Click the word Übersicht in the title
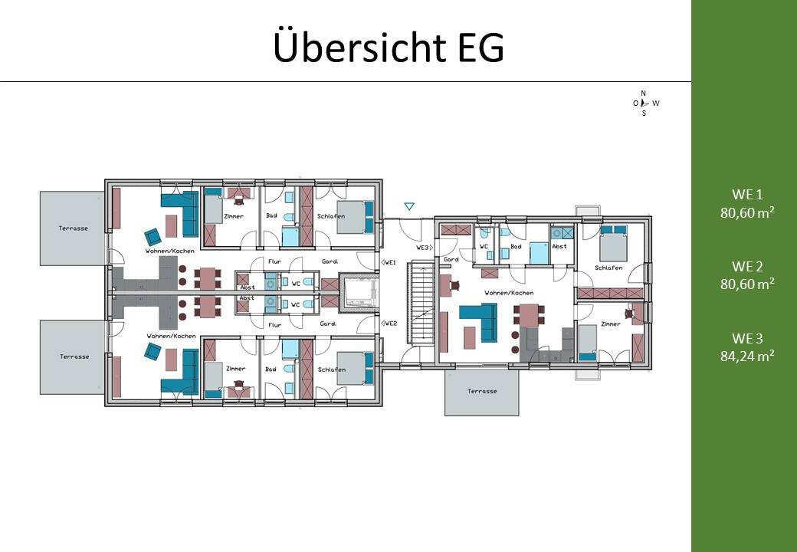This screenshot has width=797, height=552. (359, 48)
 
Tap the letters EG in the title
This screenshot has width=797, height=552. (480, 48)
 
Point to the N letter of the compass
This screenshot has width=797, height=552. (643, 93)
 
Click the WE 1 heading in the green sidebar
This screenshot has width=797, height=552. (746, 195)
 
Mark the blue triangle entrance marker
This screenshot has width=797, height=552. (409, 206)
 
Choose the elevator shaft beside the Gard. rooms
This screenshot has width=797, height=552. (357, 292)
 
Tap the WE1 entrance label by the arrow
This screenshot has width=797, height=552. (390, 262)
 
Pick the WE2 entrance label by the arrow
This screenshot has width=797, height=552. (390, 324)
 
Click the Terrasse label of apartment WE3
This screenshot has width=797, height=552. (481, 391)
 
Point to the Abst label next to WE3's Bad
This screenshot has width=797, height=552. (559, 246)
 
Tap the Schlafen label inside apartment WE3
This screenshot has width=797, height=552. (608, 268)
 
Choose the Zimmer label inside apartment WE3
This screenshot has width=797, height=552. (611, 324)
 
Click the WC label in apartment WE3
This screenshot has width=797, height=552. (484, 246)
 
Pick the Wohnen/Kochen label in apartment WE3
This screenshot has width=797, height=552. (509, 293)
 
